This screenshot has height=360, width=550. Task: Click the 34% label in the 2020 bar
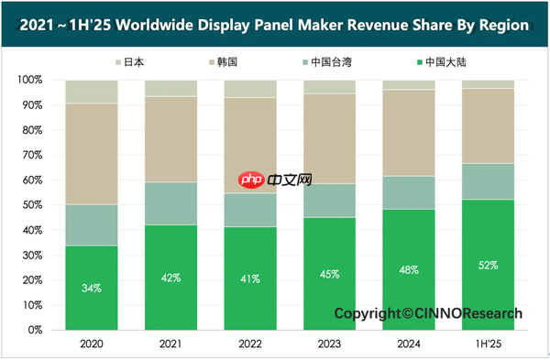(92, 289)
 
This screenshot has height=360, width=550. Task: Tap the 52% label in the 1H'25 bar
(488, 266)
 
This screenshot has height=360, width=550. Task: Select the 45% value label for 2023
(329, 274)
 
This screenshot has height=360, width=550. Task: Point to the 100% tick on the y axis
(30, 80)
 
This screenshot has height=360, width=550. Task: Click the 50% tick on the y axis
(33, 204)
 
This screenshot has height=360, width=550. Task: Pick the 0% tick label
(35, 330)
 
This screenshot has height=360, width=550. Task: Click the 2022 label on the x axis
(250, 344)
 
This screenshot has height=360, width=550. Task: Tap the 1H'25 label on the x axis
(489, 344)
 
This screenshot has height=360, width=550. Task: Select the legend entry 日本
(130, 62)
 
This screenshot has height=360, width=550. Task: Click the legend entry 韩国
(223, 62)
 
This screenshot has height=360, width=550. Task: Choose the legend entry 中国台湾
(327, 62)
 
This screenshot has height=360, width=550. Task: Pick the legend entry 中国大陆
(442, 62)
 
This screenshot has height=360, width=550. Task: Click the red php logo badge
(251, 180)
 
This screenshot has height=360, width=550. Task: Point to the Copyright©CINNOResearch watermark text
(428, 313)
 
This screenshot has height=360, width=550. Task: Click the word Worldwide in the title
(154, 25)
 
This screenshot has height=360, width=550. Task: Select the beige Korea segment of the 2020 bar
(92, 154)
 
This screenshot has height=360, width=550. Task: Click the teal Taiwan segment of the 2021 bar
(170, 203)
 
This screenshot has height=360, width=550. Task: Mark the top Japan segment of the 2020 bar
(92, 92)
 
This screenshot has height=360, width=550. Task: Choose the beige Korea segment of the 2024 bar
(409, 133)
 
